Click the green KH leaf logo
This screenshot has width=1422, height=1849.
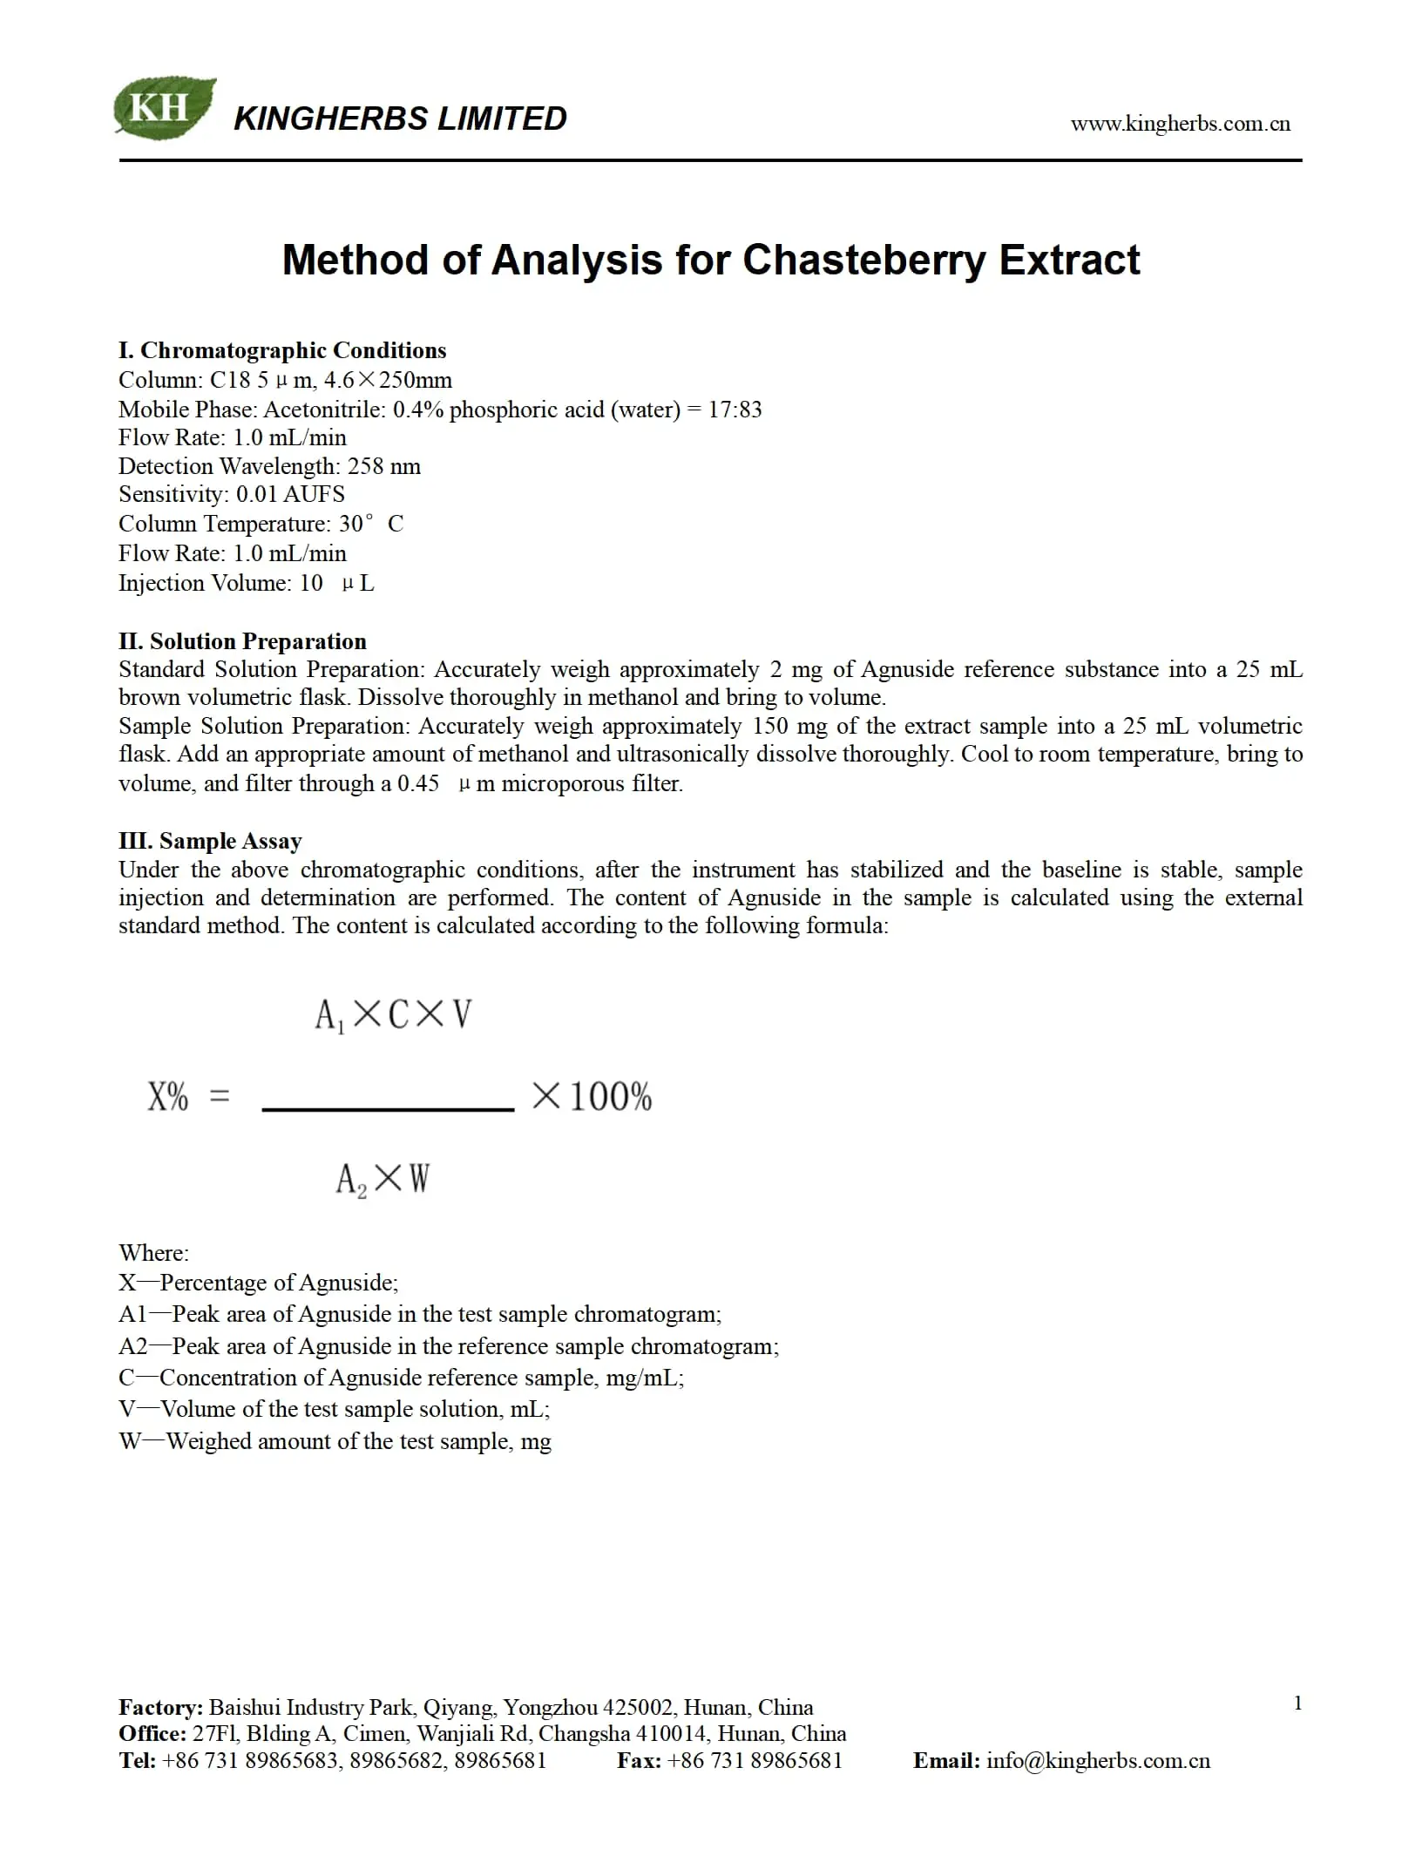[164, 107]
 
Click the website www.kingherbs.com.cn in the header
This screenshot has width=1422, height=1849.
[1180, 124]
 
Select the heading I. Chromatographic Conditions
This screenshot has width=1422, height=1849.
[282, 350]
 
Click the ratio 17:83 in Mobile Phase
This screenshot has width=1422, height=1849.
[735, 410]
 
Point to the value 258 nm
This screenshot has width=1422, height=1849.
[383, 466]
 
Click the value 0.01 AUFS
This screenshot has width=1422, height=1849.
[290, 494]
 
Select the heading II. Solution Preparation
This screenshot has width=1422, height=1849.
[242, 641]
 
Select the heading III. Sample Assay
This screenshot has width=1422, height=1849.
[210, 841]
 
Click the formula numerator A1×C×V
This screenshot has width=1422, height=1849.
[393, 1015]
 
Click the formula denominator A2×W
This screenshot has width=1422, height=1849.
[383, 1180]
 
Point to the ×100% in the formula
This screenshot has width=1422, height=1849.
[592, 1096]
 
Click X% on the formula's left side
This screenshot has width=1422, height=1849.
[168, 1096]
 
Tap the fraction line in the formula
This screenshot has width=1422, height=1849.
[388, 1109]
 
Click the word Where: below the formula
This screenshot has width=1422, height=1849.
[153, 1253]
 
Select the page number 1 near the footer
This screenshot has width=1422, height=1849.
[1297, 1703]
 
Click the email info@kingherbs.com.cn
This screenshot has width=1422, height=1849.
[1098, 1761]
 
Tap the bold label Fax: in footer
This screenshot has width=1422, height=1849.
[639, 1761]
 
